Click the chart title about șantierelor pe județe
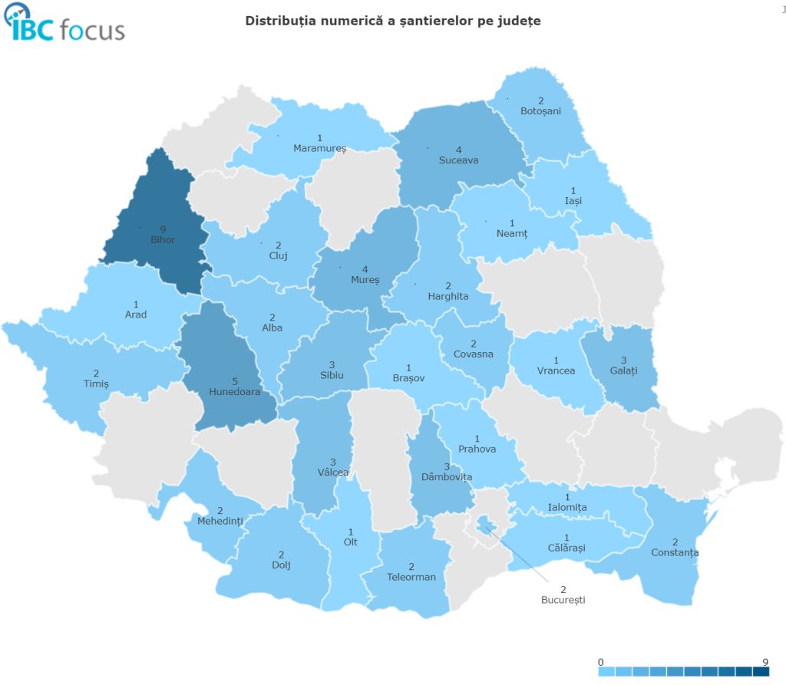click(x=392, y=21)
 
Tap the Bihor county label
click(x=163, y=239)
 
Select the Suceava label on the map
click(x=458, y=160)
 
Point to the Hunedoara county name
click(x=234, y=391)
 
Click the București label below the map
click(x=563, y=600)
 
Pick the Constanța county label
click(x=675, y=552)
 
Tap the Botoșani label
click(x=540, y=111)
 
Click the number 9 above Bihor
click(x=163, y=229)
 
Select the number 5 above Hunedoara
click(x=234, y=380)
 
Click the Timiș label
click(x=96, y=384)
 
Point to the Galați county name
click(x=624, y=370)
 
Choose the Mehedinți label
click(x=220, y=521)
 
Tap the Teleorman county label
click(x=411, y=577)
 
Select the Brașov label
click(x=408, y=378)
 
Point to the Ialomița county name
click(x=567, y=508)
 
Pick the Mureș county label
click(x=365, y=280)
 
